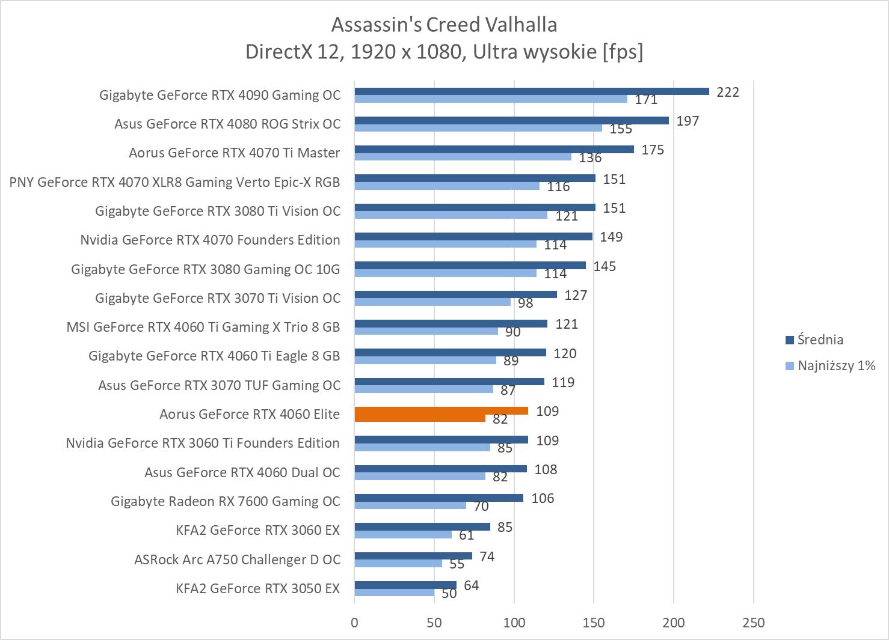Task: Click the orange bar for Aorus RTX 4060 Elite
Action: (x=441, y=411)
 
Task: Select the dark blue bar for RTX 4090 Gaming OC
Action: (x=532, y=91)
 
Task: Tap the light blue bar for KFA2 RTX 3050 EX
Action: (x=394, y=593)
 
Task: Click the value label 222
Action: (x=727, y=92)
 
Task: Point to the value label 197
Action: (x=688, y=121)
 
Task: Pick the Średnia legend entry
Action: (x=814, y=340)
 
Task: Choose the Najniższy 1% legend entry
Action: (x=830, y=365)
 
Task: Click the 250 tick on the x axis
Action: (x=754, y=623)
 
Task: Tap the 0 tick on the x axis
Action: (x=354, y=623)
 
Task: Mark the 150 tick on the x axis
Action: (x=594, y=623)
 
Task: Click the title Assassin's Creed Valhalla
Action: (x=444, y=25)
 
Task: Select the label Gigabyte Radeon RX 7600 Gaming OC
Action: (x=226, y=501)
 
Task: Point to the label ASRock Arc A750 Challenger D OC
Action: (x=237, y=559)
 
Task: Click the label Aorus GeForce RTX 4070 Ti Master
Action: (x=235, y=153)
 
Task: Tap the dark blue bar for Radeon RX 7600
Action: (x=438, y=498)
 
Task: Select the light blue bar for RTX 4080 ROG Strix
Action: (x=478, y=128)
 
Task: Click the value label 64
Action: (x=472, y=585)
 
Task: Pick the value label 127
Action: (x=576, y=295)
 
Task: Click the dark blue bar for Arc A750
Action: (x=413, y=556)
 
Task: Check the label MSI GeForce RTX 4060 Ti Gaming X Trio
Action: (x=203, y=327)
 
